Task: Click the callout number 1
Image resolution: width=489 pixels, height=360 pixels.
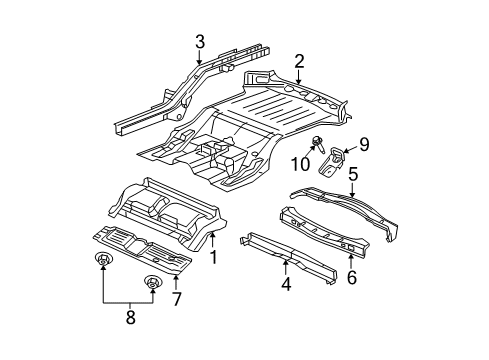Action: pos(212,257)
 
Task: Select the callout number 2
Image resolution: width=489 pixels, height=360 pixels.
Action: pos(299,62)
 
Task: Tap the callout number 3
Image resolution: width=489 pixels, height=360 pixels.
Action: pos(200,41)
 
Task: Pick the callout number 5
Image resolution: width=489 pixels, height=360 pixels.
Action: pos(352,174)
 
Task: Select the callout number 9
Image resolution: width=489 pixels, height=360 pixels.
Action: pos(364,145)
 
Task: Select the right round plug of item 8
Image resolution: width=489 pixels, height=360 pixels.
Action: pos(152,283)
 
